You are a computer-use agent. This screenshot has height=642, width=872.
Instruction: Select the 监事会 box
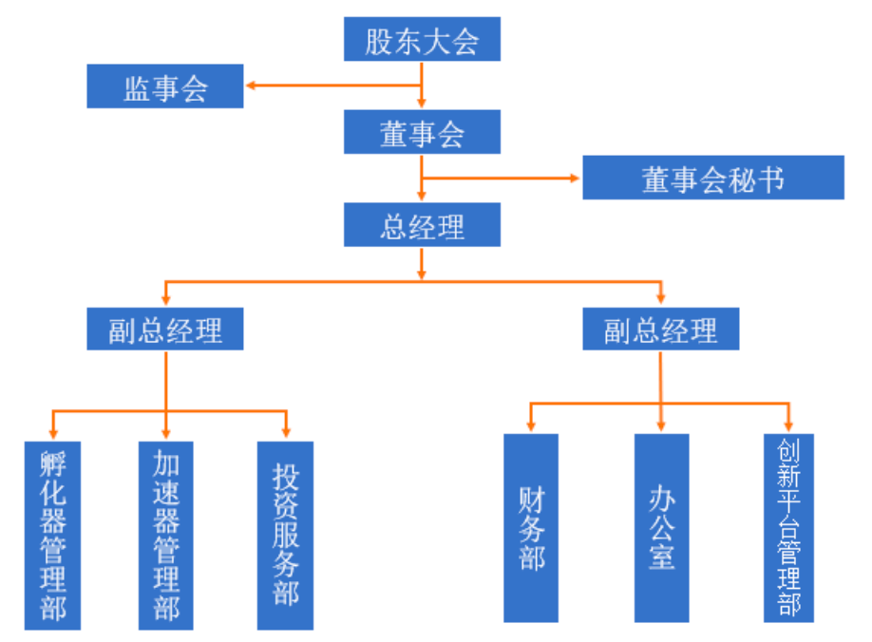click(x=165, y=86)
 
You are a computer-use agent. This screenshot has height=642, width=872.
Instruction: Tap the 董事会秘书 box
click(x=712, y=178)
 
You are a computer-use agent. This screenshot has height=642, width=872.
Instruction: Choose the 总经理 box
click(x=422, y=227)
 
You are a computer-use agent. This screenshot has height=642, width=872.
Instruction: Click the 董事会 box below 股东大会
click(x=422, y=133)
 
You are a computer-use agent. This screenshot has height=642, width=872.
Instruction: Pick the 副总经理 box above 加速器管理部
click(x=165, y=330)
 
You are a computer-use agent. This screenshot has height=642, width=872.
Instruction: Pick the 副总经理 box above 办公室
click(x=660, y=330)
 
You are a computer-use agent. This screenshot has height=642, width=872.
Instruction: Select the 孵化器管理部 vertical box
click(x=53, y=535)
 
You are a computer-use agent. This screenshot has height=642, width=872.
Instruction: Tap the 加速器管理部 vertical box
click(x=165, y=535)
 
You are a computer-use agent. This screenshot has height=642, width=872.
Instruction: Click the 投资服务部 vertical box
click(x=285, y=535)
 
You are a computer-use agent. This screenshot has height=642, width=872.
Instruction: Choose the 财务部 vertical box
click(x=531, y=528)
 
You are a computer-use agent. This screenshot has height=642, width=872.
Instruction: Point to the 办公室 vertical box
click(x=661, y=528)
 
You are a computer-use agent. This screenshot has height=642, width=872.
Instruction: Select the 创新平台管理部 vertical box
click(x=788, y=528)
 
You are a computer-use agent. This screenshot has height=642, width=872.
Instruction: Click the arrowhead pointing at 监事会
click(x=251, y=86)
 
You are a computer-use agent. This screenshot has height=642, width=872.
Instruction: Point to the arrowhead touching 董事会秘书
click(x=576, y=178)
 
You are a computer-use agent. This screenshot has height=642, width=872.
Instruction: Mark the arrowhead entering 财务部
click(x=531, y=427)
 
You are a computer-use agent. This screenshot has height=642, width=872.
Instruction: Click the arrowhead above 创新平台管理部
click(x=788, y=427)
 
